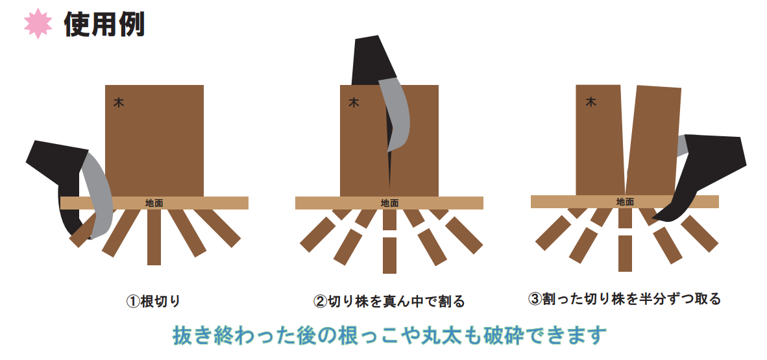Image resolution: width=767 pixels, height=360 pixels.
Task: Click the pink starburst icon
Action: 38,23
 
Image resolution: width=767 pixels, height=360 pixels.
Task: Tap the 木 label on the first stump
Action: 119,102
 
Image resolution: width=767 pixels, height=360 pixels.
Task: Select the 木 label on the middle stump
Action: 354,102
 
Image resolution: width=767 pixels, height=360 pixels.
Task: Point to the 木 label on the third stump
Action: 591,102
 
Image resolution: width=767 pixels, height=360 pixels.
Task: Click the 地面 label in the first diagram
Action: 154,203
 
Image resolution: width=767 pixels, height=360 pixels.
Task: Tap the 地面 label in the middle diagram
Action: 390,203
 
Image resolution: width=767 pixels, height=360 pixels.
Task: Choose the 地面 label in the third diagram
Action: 625,202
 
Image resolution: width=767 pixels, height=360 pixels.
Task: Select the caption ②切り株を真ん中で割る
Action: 389,301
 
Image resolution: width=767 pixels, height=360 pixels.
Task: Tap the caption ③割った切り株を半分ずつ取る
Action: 625,298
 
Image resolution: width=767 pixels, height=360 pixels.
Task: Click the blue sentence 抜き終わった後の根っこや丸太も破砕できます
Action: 390,335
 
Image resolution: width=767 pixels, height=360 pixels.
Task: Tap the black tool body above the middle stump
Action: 372,61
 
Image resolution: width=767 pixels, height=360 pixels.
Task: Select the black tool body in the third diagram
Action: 705,171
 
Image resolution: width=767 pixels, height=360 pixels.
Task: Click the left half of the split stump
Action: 599,140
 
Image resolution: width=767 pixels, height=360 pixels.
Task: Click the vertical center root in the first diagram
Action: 154,237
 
